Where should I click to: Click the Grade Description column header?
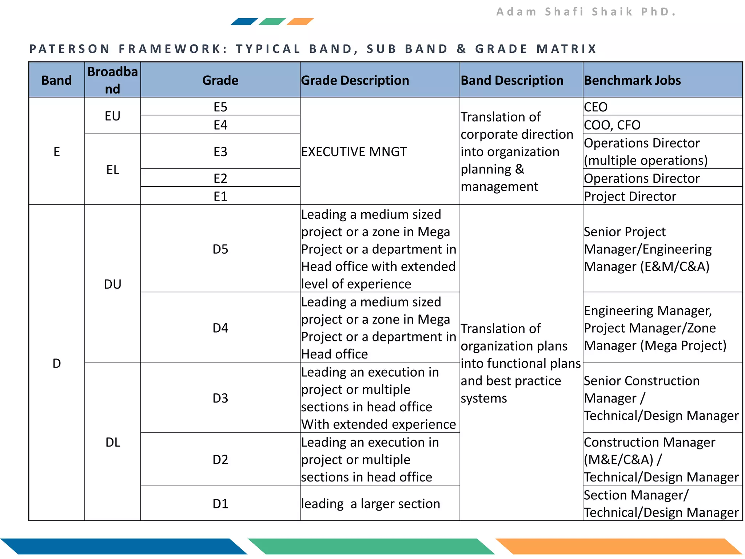click(355, 80)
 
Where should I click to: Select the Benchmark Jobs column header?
click(632, 80)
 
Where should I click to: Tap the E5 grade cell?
click(220, 107)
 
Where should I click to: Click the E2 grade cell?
click(220, 178)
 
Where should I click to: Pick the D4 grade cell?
click(220, 328)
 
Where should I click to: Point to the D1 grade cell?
click(220, 504)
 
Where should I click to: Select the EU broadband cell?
click(112, 116)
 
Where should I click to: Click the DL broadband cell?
click(112, 442)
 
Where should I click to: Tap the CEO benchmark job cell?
click(595, 107)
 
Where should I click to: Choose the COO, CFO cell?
click(612, 125)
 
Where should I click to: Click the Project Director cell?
click(630, 197)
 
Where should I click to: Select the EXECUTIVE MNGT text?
click(354, 152)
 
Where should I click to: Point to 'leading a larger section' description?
click(370, 504)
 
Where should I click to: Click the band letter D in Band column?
click(56, 363)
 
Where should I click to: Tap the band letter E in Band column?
click(56, 152)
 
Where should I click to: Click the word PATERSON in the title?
click(69, 49)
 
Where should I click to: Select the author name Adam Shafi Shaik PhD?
click(586, 12)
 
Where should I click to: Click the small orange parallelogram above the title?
click(300, 21)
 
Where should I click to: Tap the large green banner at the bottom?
click(371, 546)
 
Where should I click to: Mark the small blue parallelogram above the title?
click(244, 21)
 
